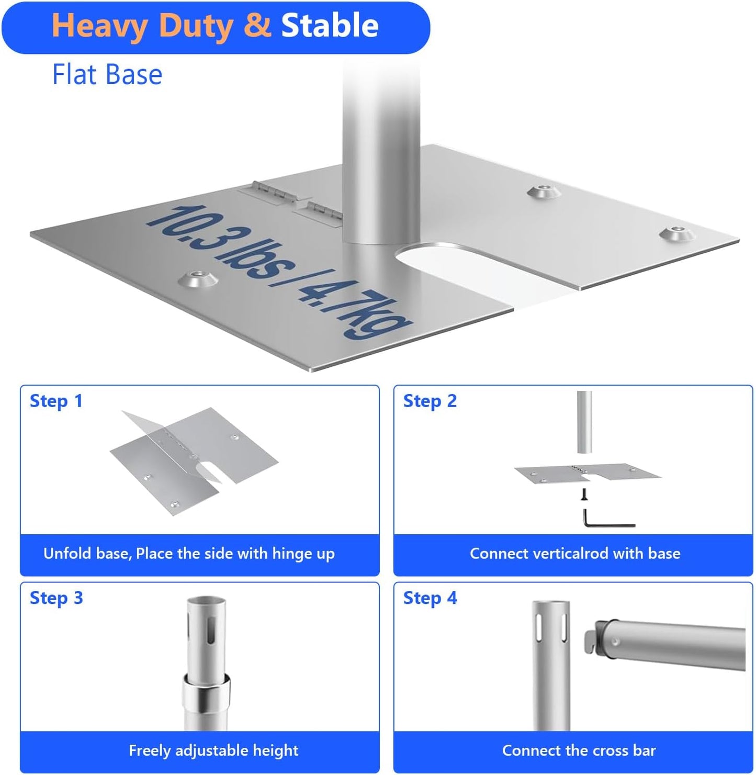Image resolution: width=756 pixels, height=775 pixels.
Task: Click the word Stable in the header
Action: [330, 26]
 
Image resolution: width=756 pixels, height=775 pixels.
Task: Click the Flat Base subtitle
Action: [107, 74]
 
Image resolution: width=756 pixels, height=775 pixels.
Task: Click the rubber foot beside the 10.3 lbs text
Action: [198, 279]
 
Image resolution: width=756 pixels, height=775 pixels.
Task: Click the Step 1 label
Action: [56, 401]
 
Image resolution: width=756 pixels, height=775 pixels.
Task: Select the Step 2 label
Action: [430, 401]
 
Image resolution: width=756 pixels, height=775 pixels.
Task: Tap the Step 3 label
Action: [56, 598]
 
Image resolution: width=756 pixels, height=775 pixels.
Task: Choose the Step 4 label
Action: [430, 598]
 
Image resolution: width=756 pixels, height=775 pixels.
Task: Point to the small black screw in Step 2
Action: [584, 493]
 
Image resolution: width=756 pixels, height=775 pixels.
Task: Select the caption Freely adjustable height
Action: [213, 750]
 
